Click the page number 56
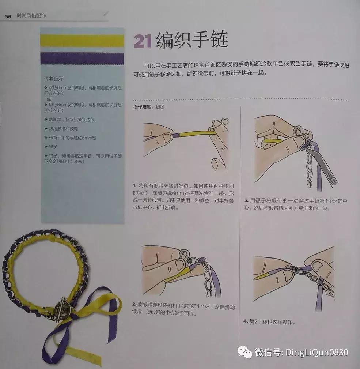(x=8, y=16)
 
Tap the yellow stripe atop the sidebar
(x=82, y=40)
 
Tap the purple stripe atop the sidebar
(x=82, y=57)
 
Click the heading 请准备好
(x=54, y=79)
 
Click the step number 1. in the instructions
(x=135, y=185)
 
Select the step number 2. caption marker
(x=134, y=304)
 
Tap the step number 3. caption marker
(x=246, y=201)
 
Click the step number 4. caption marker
(x=246, y=321)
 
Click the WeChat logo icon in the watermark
(x=245, y=353)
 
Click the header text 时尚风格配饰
(x=31, y=16)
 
